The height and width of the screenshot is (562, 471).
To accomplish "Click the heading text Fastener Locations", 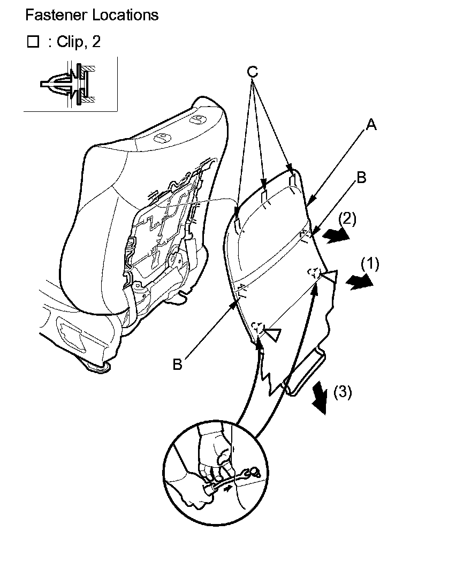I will [x=92, y=15].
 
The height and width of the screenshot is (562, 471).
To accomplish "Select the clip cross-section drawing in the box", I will [x=70, y=84].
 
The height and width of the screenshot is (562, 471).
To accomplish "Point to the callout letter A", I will [x=371, y=125].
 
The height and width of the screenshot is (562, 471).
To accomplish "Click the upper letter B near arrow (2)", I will [x=361, y=178].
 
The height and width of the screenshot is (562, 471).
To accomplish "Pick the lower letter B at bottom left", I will [x=177, y=365].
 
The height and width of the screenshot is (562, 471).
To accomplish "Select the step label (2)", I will [x=347, y=218].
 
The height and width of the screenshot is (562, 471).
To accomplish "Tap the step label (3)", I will [x=343, y=392].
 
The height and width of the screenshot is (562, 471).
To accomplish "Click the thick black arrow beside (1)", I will [x=359, y=282].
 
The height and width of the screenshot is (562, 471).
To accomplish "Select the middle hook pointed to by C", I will [x=264, y=196].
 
